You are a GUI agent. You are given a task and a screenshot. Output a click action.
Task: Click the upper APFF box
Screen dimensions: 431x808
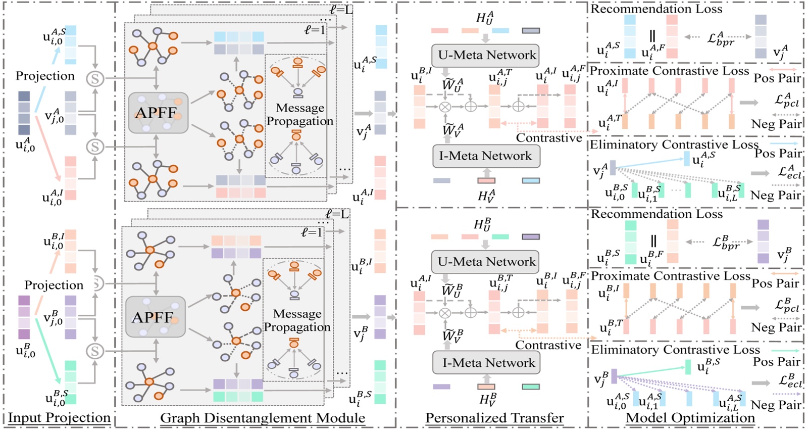[158, 113]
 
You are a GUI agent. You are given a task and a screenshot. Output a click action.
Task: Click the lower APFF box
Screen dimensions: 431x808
[155, 317]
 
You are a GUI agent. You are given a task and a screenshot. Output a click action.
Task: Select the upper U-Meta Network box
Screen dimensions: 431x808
[485, 55]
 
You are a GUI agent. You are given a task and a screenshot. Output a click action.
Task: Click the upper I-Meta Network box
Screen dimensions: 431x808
[485, 156]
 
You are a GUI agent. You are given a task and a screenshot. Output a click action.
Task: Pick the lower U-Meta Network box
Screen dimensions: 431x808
[485, 261]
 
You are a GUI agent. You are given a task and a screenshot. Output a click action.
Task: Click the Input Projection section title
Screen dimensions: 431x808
[59, 418]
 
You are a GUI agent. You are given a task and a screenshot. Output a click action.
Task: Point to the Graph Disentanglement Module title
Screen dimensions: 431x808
[262, 418]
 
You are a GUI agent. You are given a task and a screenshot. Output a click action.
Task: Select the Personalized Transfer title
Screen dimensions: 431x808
[494, 418]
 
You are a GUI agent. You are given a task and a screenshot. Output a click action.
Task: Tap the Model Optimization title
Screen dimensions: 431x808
[690, 418]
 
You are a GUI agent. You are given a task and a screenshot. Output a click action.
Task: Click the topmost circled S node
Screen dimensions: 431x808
[95, 79]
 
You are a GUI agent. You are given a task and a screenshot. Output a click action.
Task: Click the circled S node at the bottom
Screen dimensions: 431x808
[95, 351]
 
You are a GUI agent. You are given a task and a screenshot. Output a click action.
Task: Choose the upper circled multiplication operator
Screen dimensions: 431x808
[445, 107]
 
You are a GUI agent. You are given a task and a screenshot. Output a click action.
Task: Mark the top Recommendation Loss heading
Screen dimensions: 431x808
[656, 9]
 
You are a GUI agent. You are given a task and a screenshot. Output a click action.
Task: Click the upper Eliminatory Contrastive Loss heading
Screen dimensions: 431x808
[674, 145]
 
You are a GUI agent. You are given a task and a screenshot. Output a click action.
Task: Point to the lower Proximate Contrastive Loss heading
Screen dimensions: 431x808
[670, 276]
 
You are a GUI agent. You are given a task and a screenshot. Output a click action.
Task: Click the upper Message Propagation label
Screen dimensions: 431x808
[300, 114]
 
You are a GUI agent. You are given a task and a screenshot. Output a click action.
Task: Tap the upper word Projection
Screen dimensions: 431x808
[45, 76]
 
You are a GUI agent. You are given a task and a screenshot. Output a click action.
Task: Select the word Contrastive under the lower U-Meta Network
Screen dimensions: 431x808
[548, 345]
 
